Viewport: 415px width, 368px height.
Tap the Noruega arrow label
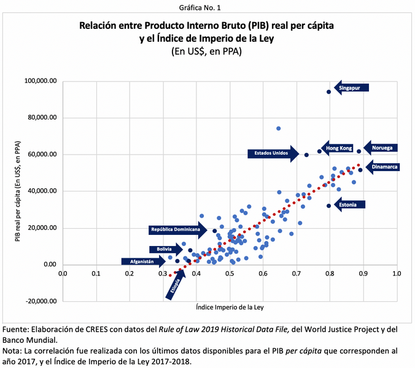tap(381, 148)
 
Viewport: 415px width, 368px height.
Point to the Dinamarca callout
tap(383, 166)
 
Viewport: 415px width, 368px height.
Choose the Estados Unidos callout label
tap(271, 153)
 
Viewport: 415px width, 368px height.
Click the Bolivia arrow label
tap(165, 249)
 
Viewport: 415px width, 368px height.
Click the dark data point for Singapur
tap(329, 91)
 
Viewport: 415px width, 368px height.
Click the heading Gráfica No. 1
tap(207, 7)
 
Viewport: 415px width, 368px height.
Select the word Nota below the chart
tap(14, 351)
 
